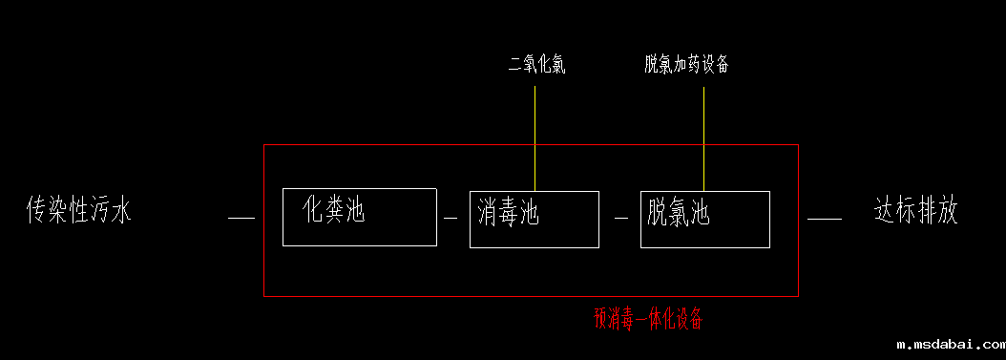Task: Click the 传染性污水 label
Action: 78,210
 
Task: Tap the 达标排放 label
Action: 915,210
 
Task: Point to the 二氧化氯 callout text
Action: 536,66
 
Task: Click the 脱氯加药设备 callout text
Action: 687,65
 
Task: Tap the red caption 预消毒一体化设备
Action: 648,318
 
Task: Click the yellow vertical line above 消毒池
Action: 534,138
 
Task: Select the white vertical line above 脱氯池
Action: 703,138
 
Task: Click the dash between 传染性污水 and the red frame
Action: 242,219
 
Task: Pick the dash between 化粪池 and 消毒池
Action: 451,219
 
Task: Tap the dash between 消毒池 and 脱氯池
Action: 620,219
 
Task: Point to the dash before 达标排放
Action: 824,219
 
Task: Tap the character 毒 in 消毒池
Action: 506,213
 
